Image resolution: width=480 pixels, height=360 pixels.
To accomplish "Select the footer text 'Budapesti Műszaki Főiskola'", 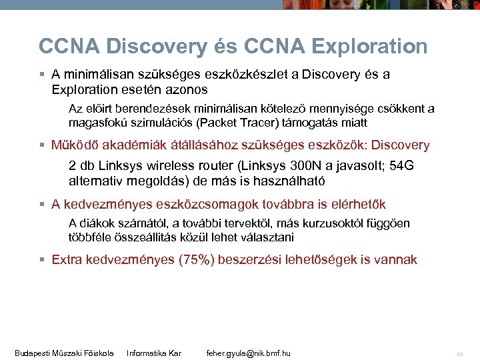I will point(64,353).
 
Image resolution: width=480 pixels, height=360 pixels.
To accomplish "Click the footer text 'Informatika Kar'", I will point(154,353).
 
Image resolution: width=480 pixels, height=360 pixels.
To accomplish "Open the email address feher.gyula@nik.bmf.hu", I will point(248,353).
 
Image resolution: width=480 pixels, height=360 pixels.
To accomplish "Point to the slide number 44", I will point(459,353).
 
